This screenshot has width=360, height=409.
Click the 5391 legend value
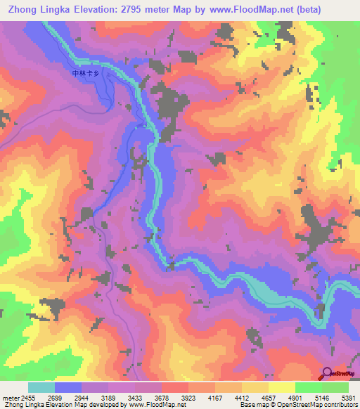(x=349, y=398)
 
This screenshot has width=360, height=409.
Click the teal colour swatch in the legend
(x=41, y=387)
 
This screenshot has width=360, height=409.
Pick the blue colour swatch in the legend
(x=68, y=387)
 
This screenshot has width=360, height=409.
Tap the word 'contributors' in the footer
(x=339, y=405)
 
